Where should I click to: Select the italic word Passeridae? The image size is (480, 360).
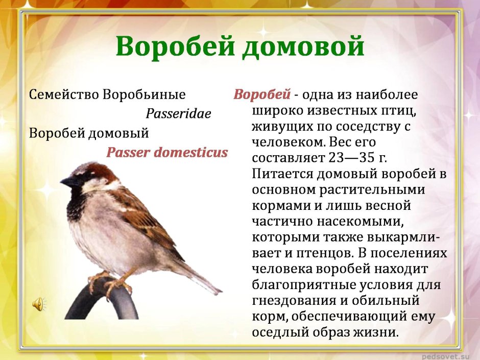click(x=178, y=114)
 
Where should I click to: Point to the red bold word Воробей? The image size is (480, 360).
click(x=262, y=95)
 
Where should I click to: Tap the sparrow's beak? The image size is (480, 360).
click(x=66, y=180)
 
